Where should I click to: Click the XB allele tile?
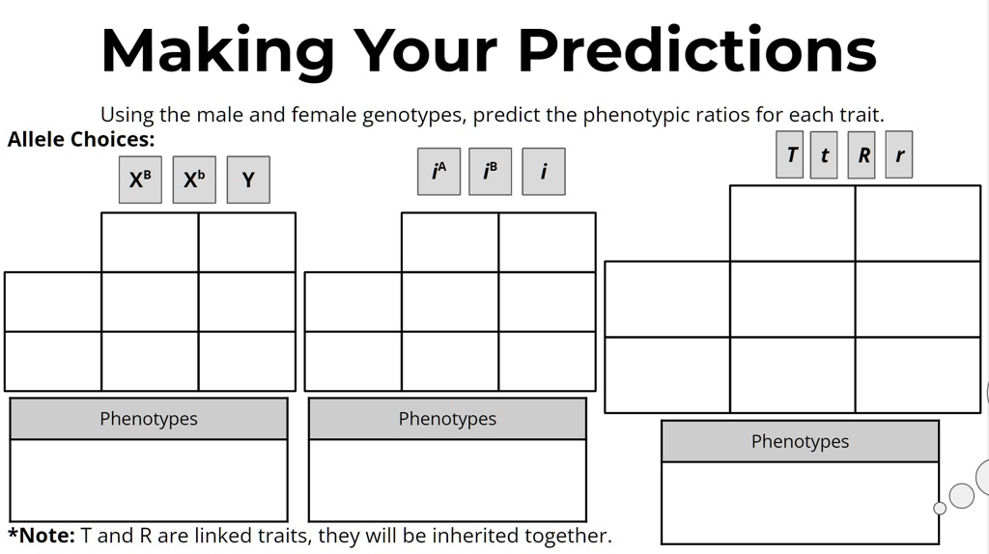tap(140, 180)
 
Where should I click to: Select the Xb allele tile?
tap(194, 180)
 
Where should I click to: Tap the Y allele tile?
tap(248, 180)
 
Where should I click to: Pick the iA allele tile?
tap(438, 172)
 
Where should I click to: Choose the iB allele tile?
tap(490, 172)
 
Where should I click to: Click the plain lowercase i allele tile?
tap(543, 172)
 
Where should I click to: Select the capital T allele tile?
tap(790, 154)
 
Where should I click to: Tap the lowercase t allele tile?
tap(824, 155)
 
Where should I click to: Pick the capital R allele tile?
tap(863, 154)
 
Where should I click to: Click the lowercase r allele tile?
tap(899, 154)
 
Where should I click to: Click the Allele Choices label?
tap(81, 139)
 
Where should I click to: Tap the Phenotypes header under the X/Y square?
tap(149, 419)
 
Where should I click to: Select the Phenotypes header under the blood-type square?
tap(447, 419)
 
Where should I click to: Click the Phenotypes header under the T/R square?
tap(800, 441)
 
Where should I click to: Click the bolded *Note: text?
tap(42, 535)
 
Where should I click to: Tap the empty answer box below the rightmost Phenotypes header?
tap(800, 503)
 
